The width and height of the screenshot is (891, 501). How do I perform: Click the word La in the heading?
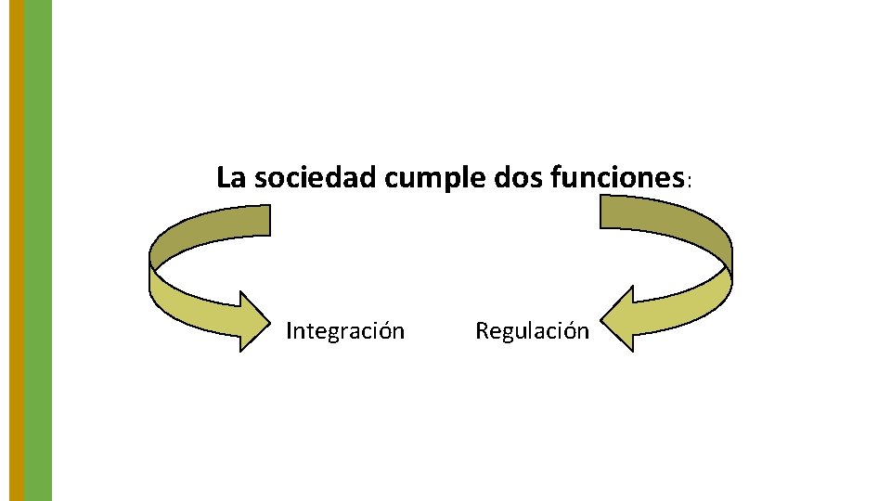(228, 177)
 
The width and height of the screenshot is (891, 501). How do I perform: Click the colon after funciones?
(688, 182)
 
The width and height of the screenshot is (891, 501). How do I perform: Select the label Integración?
(344, 331)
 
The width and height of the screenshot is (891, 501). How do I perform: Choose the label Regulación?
(532, 331)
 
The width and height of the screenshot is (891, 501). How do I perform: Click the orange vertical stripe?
(16, 250)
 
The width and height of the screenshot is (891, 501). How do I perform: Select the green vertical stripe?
(38, 250)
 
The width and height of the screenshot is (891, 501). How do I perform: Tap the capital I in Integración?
(290, 330)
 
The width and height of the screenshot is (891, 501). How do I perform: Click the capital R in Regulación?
(482, 330)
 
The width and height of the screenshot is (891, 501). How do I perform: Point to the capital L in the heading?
(223, 177)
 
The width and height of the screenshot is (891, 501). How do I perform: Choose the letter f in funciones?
(556, 176)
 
